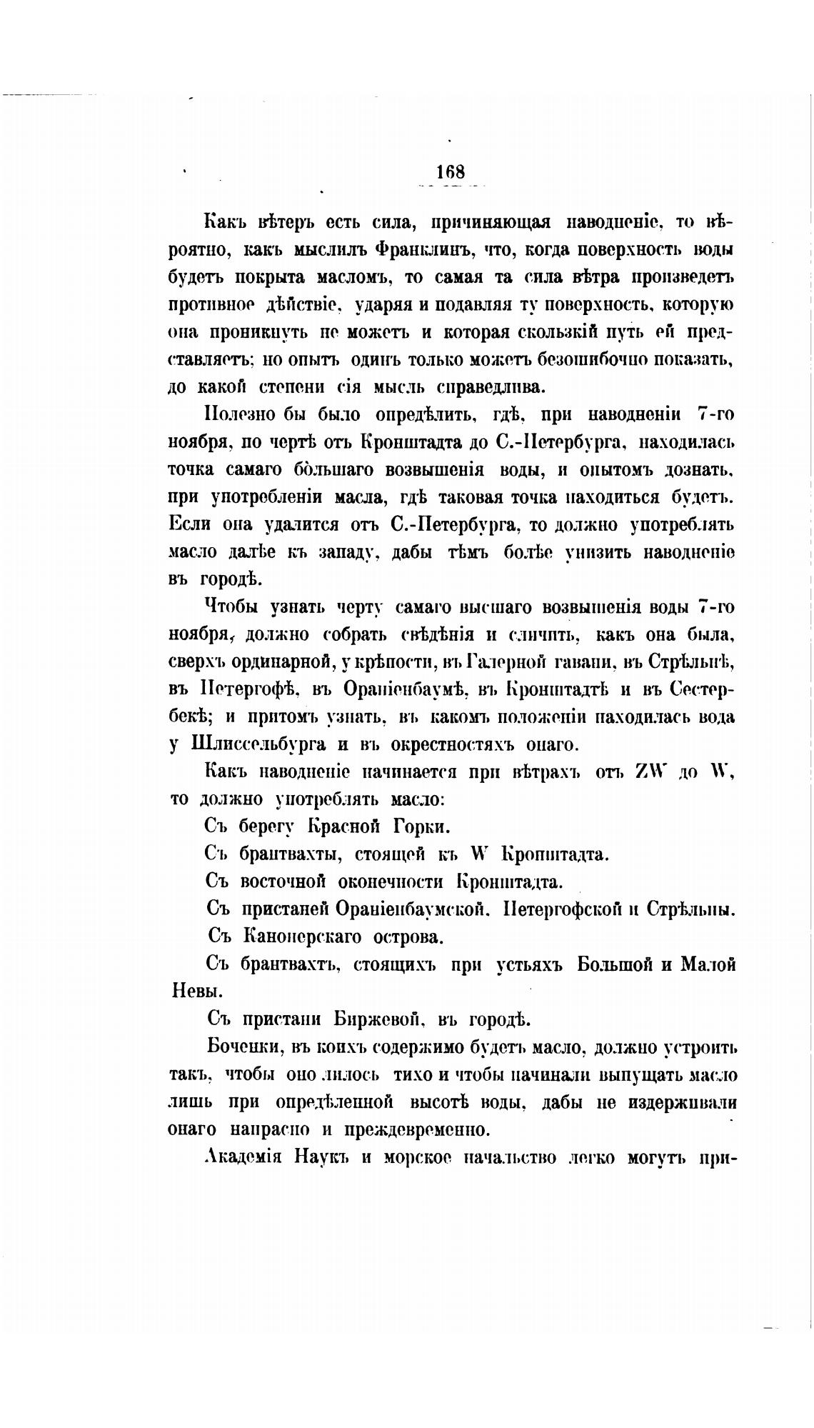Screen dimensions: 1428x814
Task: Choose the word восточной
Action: click(x=283, y=882)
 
